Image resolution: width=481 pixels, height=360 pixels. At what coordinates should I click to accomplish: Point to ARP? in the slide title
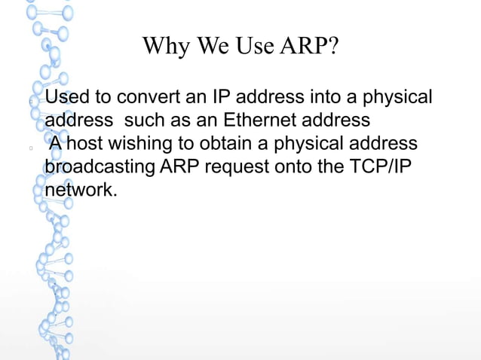308,47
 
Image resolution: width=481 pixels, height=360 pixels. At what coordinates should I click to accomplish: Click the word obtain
223,144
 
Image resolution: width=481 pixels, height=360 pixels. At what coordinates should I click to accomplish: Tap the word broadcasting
100,166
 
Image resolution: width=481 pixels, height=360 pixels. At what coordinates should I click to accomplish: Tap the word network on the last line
80,190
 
